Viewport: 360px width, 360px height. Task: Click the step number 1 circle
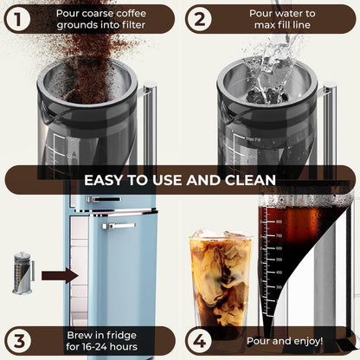coord(18,18)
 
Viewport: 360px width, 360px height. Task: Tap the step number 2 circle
coord(199,18)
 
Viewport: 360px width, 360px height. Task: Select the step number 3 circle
coord(18,339)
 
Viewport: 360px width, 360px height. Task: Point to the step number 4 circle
coord(199,339)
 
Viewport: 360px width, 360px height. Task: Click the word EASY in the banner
coord(106,180)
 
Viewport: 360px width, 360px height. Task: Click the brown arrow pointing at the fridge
coord(60,276)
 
